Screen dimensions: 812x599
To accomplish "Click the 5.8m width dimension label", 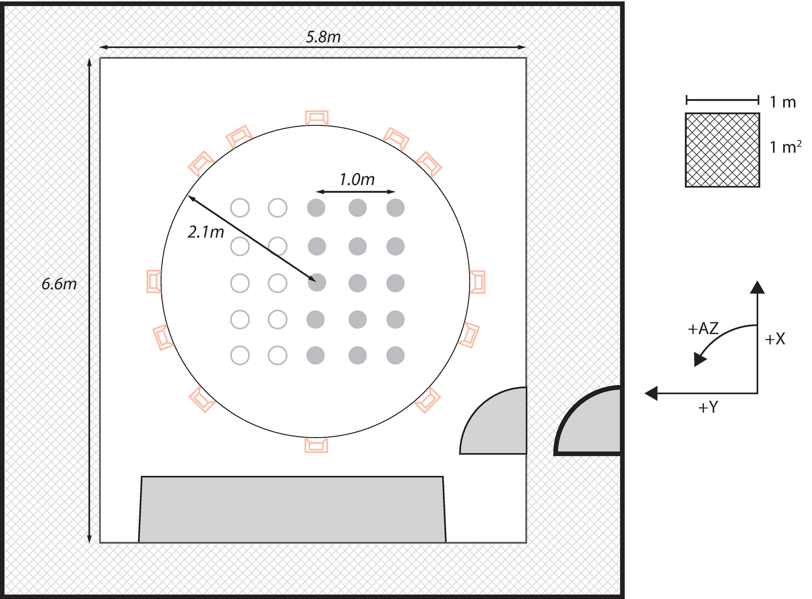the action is click(323, 37).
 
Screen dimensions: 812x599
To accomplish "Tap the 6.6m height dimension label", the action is click(59, 284).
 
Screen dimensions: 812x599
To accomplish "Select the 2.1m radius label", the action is click(206, 232).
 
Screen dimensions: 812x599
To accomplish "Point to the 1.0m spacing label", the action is click(357, 179).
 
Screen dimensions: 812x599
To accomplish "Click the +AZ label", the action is click(703, 329).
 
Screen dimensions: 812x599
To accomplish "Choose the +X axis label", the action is click(775, 339).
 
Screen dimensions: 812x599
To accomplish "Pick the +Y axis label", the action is click(708, 407).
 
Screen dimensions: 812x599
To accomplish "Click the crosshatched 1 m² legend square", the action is click(722, 150).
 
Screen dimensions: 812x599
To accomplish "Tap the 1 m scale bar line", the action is click(722, 100).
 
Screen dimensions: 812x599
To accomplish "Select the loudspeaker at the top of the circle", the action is click(317, 118).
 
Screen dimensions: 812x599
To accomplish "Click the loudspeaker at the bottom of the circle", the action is click(316, 445).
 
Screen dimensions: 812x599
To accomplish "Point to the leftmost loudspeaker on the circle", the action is click(154, 282).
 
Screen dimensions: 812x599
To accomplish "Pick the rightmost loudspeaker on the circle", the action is click(477, 282).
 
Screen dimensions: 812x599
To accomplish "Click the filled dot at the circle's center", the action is click(317, 283).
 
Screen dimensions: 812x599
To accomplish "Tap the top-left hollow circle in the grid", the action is click(240, 208).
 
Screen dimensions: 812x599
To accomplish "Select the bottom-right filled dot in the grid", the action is click(395, 355).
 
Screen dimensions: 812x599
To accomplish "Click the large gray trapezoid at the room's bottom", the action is click(292, 509).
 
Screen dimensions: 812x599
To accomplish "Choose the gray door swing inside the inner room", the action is click(493, 421).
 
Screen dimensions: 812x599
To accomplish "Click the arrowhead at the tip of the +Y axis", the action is click(651, 393).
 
